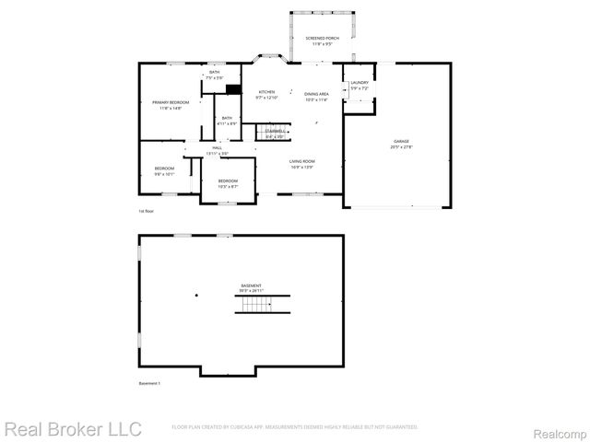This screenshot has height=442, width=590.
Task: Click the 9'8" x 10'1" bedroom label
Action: click(164, 170)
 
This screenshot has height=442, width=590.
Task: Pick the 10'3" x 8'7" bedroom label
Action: click(228, 183)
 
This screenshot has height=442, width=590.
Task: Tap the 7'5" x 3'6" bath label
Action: click(214, 75)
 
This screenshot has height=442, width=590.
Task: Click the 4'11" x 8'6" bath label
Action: click(227, 121)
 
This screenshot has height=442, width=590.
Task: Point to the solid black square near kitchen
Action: click(234, 89)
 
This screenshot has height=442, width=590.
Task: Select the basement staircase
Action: click(263, 305)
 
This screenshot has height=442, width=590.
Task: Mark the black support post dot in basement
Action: click(196, 296)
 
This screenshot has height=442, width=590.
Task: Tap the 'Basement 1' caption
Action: click(149, 383)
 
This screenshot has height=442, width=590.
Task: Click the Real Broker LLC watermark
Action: click(74, 429)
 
